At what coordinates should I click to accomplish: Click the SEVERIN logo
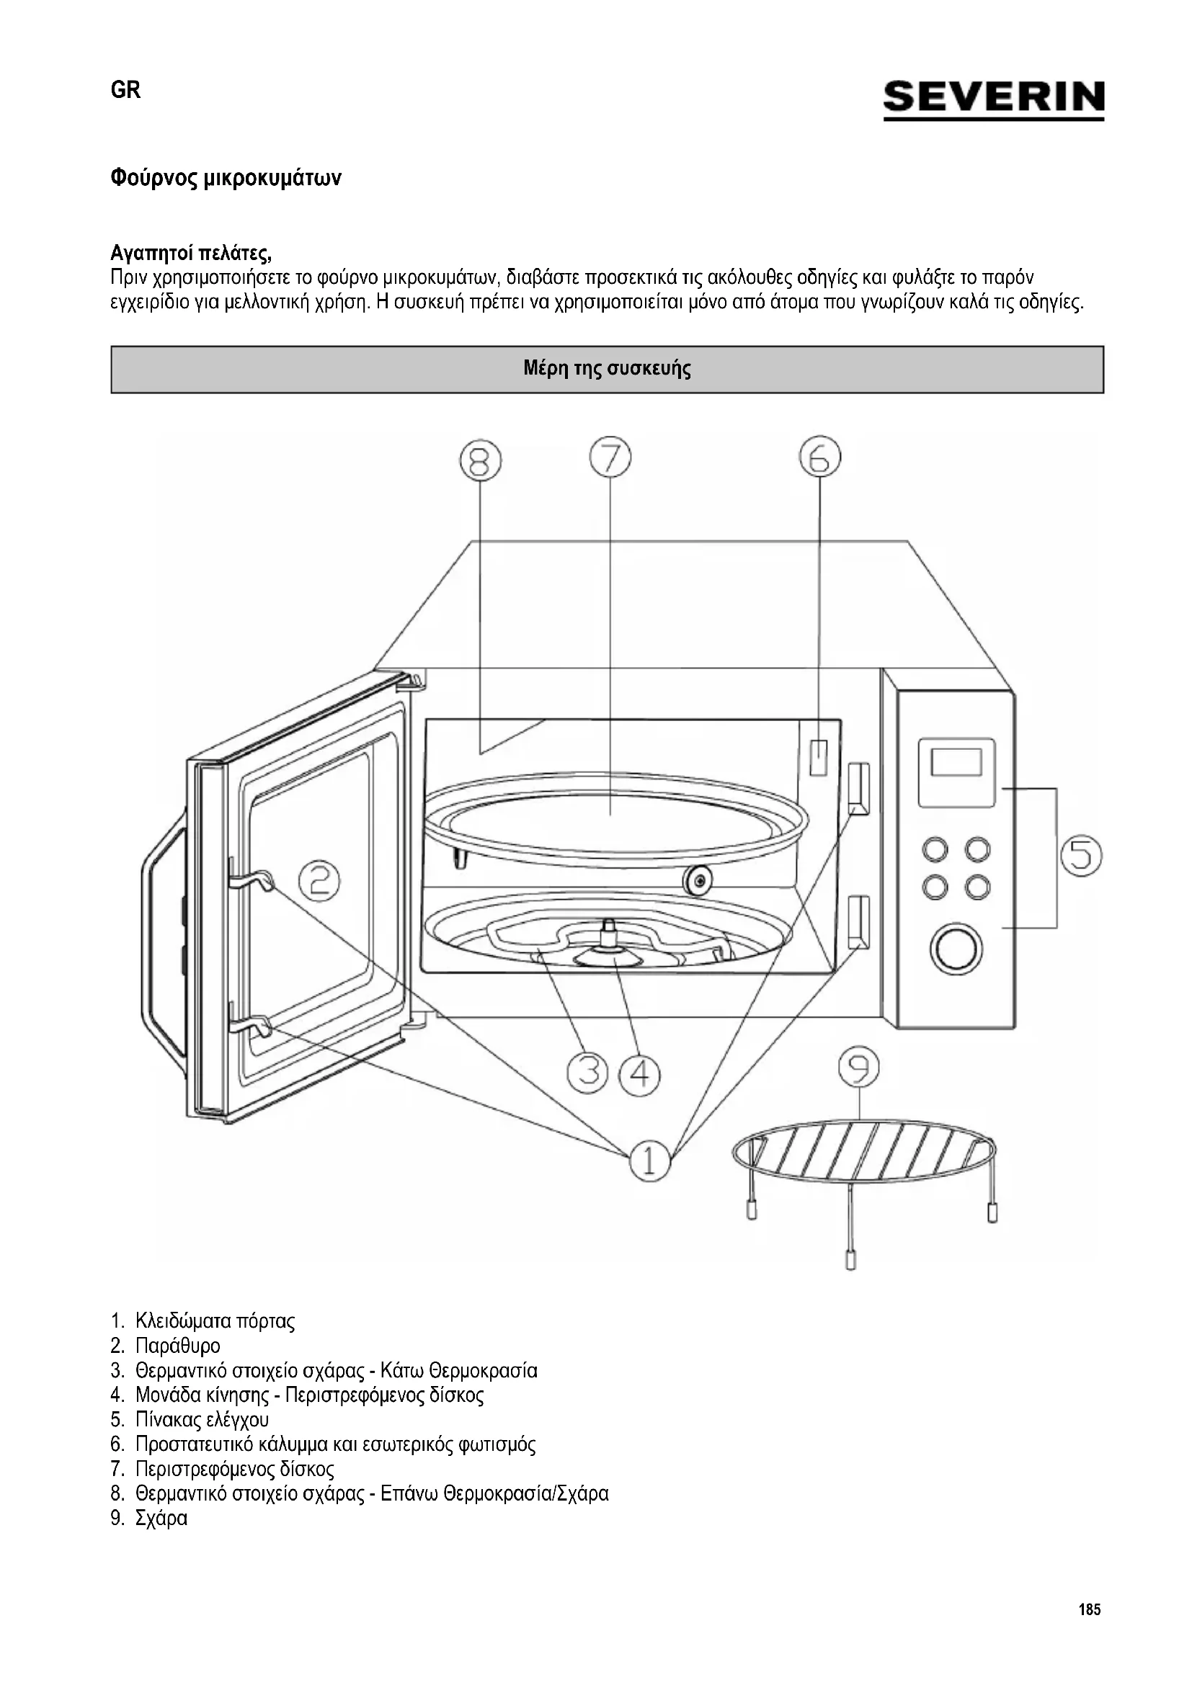click(993, 99)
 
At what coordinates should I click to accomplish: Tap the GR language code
click(125, 90)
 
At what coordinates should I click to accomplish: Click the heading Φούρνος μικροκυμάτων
click(226, 179)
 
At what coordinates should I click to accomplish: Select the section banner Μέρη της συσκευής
click(607, 369)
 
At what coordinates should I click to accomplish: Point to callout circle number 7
click(610, 457)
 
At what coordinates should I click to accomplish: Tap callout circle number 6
click(820, 457)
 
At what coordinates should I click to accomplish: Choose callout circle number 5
click(1080, 857)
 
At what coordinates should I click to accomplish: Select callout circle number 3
click(587, 1073)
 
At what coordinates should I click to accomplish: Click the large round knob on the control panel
click(956, 949)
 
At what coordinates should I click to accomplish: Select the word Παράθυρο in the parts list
click(177, 1346)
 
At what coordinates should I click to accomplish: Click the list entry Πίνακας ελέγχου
click(202, 1419)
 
